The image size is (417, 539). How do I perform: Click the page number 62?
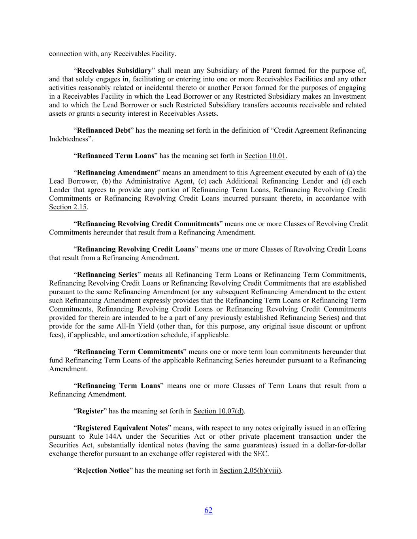click(x=208, y=510)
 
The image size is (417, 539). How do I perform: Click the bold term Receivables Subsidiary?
click(x=114, y=71)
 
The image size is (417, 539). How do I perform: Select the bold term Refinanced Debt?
click(x=103, y=130)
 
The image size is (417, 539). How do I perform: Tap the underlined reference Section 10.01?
click(x=265, y=156)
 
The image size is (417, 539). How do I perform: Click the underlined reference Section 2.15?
click(x=68, y=207)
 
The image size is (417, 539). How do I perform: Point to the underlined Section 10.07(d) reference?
click(x=219, y=411)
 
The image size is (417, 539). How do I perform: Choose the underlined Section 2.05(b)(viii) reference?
click(x=250, y=470)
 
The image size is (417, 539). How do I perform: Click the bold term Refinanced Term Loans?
click(x=115, y=156)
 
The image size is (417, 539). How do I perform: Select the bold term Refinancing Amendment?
click(x=117, y=173)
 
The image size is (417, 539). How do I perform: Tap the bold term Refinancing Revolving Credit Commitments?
click(x=148, y=224)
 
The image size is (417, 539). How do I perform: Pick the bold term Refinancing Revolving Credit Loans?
click(x=136, y=249)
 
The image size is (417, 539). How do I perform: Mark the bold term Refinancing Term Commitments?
click(x=130, y=351)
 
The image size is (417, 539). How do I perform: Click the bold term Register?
click(x=90, y=411)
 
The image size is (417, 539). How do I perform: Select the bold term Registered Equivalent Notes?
click(x=122, y=428)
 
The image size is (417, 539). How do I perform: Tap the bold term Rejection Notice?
click(x=103, y=470)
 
